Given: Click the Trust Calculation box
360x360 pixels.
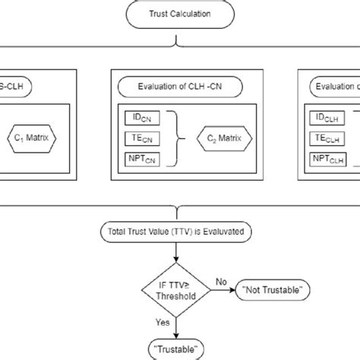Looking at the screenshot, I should [179, 14].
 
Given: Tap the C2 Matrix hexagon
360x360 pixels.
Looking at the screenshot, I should [219, 139].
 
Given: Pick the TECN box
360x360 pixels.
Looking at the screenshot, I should [142, 139].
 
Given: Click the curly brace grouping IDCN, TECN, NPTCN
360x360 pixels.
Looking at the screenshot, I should [175, 139].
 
